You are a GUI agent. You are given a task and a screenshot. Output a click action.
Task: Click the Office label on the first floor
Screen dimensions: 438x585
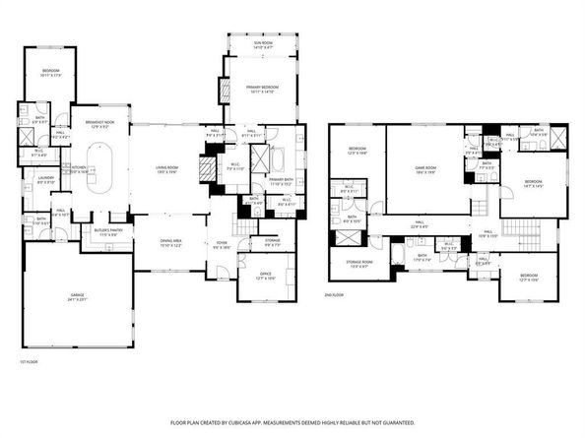coord(265,277)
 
